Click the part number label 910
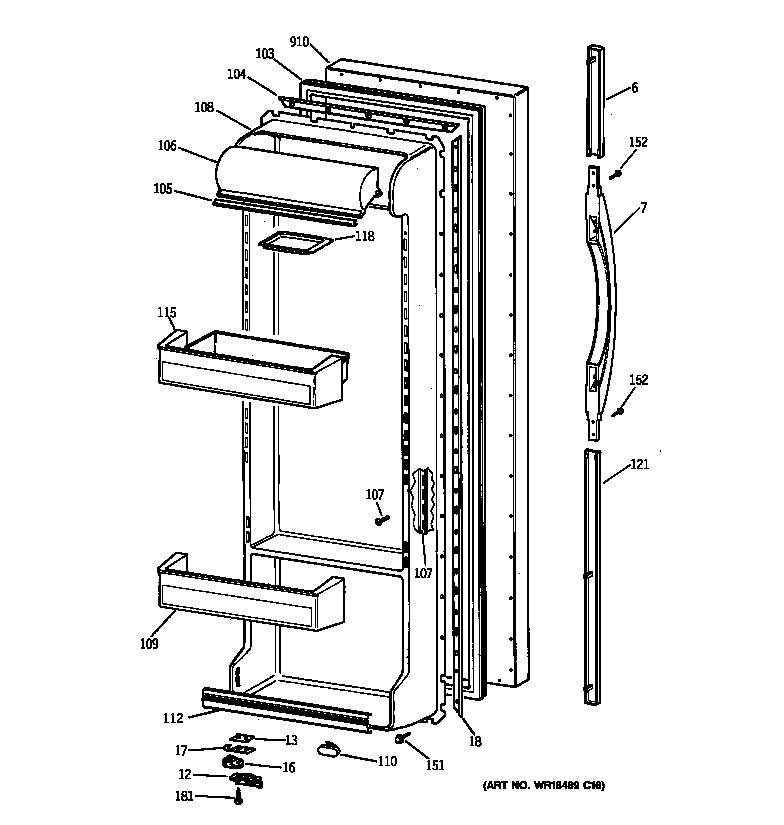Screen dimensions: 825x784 299,41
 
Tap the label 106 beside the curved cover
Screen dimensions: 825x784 166,146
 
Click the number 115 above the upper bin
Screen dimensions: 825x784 166,314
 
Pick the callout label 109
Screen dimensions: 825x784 149,643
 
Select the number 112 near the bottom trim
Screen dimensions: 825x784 173,717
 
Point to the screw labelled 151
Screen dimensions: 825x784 402,738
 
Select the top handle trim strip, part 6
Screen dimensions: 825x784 596,100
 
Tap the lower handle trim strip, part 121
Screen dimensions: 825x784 594,575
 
